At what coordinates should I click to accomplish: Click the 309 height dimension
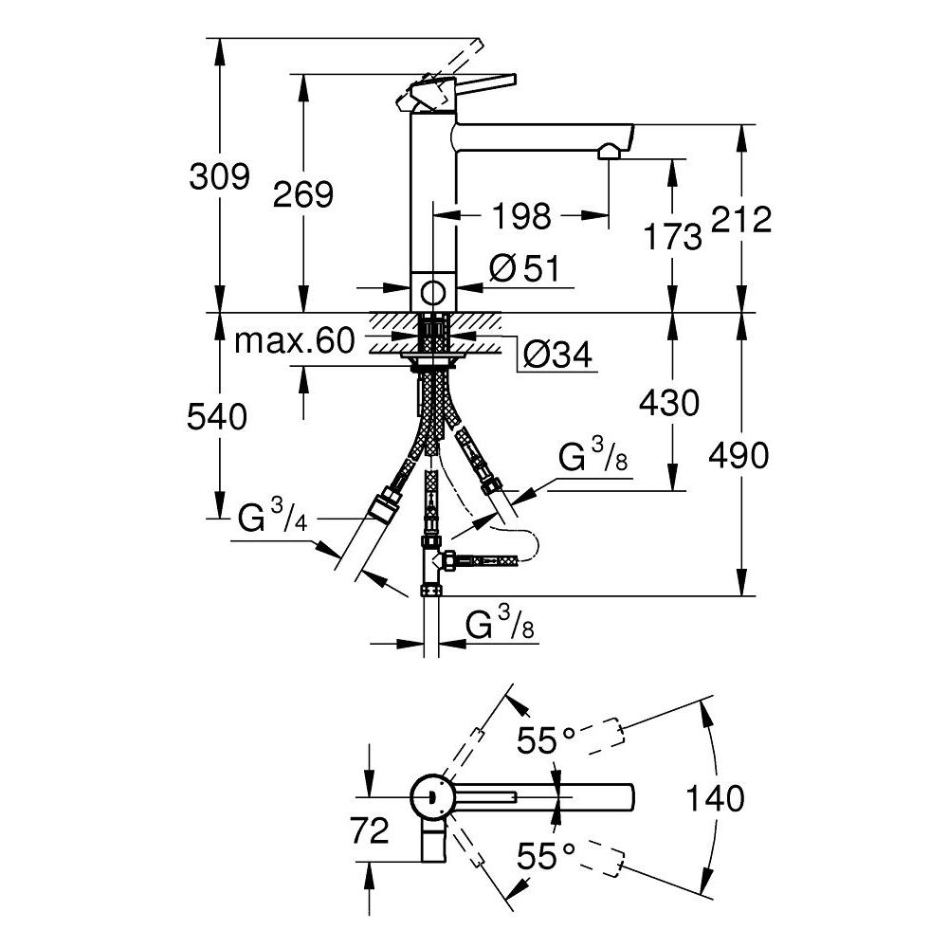point(220,176)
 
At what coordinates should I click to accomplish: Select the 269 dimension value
point(303,194)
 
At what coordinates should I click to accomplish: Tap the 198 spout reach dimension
point(520,216)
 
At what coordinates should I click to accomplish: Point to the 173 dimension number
point(671,236)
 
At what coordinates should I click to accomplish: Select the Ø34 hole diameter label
point(557,355)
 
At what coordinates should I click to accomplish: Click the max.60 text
point(294,339)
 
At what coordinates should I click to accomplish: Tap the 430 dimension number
point(669,403)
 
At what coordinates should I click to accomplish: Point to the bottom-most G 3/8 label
point(499,626)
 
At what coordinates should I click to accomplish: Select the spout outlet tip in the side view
point(609,151)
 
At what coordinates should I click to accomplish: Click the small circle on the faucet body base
point(435,291)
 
